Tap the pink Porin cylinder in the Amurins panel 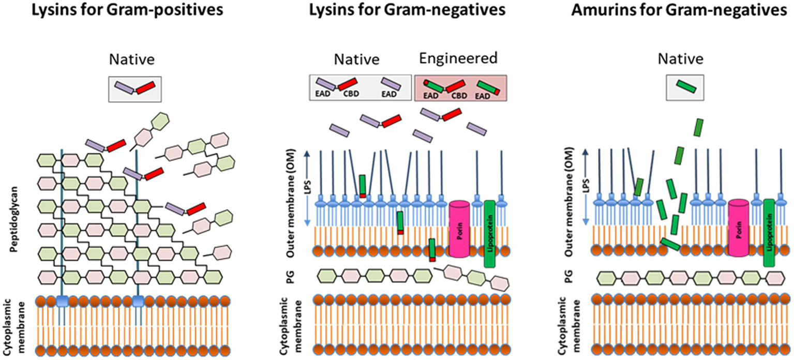739,228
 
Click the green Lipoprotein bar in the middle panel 489,234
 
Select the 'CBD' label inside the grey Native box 352,94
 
